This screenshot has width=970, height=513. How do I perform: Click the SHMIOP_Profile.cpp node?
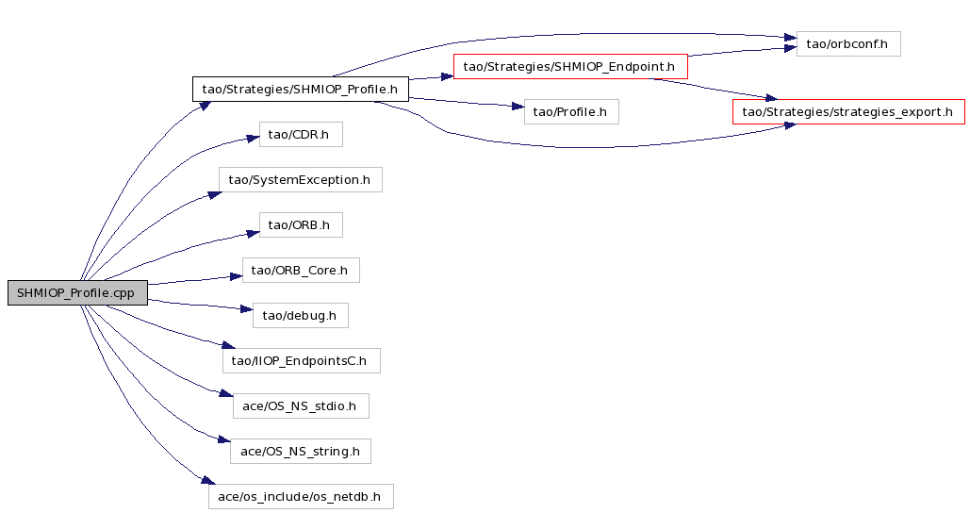(77, 292)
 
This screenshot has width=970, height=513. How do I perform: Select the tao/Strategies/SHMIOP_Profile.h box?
(300, 89)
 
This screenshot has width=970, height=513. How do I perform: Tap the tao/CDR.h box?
(301, 134)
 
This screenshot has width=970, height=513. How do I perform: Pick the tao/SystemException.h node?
(300, 179)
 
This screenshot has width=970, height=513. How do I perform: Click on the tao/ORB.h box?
(301, 224)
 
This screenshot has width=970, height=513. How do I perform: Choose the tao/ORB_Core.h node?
(301, 271)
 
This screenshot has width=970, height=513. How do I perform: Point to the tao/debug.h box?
(300, 316)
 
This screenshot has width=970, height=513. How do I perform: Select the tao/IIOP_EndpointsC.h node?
(302, 361)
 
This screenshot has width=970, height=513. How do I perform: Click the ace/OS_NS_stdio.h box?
(301, 405)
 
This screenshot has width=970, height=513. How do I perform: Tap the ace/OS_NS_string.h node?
(301, 451)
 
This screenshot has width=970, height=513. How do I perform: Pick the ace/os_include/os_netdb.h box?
(301, 496)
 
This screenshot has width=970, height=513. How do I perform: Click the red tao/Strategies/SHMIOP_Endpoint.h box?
(570, 66)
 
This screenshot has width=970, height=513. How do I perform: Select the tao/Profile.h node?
(571, 111)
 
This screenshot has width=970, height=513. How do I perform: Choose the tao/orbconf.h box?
(848, 44)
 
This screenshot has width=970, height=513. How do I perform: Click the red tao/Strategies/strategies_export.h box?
(848, 111)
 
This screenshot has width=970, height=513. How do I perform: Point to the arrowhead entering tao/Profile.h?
(518, 108)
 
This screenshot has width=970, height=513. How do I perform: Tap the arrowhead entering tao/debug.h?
(247, 307)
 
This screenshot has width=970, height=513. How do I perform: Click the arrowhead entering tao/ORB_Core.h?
(237, 276)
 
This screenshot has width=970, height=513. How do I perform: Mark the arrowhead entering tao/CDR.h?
(253, 139)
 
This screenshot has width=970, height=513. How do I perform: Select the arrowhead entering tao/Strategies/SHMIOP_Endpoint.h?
(447, 76)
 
